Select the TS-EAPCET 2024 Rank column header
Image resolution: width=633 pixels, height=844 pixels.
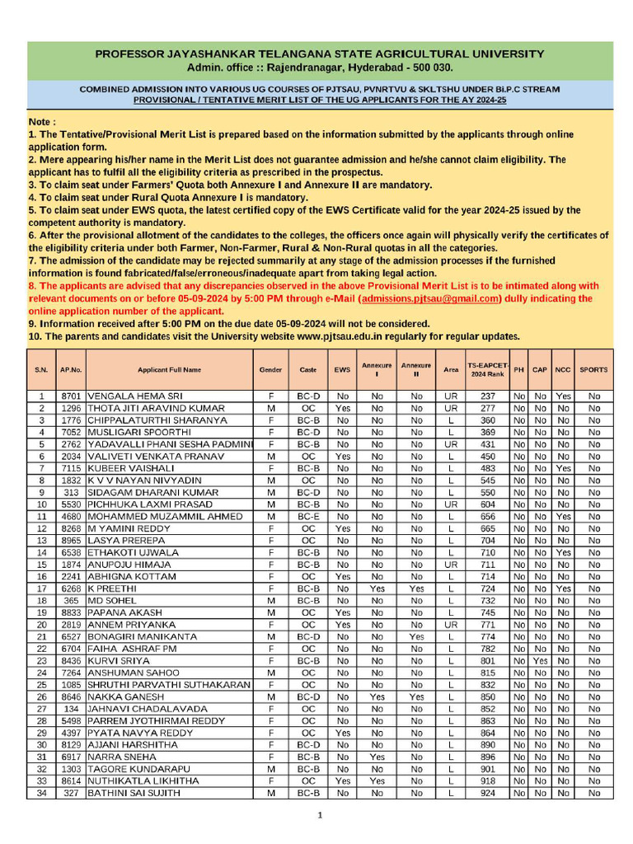(x=488, y=369)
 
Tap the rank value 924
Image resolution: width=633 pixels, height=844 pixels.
(x=488, y=793)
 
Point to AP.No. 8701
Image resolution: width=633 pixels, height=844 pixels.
(x=71, y=396)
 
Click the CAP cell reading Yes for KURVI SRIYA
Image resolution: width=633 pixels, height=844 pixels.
(x=540, y=661)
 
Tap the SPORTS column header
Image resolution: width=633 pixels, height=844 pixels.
(x=593, y=369)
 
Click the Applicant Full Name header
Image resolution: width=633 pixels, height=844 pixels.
(x=169, y=370)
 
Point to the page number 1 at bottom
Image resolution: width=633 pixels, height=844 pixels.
(x=321, y=816)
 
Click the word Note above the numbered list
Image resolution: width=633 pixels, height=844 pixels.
(x=42, y=121)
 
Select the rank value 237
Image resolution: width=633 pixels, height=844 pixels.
(x=488, y=396)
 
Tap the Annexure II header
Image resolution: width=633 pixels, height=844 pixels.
(x=416, y=369)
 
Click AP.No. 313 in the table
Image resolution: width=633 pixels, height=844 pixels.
(x=71, y=492)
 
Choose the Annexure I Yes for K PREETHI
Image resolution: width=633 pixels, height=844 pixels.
(x=377, y=588)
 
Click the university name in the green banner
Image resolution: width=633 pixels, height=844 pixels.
(x=320, y=54)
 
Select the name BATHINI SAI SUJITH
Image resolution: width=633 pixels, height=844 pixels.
(x=136, y=793)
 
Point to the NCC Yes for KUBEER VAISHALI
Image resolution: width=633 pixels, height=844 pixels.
(x=563, y=468)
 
